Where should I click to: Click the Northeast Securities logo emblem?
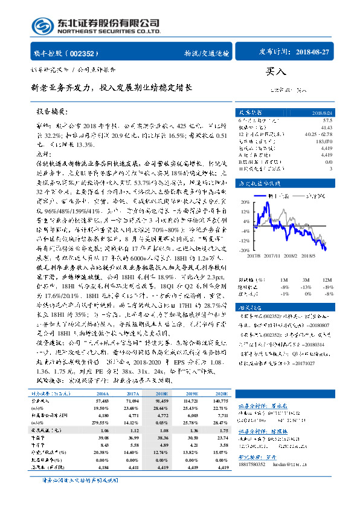(x=41, y=26)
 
